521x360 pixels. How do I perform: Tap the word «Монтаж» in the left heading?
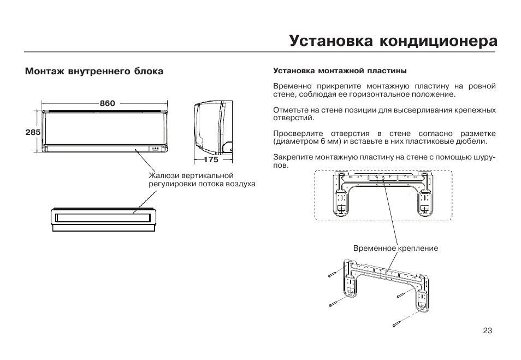pos(44,72)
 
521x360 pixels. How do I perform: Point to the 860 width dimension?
pos(107,103)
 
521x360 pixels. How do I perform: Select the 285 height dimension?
pos(33,132)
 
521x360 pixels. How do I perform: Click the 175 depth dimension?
pos(211,160)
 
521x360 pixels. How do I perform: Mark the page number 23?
pos(488,331)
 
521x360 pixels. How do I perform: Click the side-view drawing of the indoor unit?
pos(213,128)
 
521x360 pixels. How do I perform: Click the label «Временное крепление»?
pos(395,248)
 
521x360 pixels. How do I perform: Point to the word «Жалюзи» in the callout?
pos(162,175)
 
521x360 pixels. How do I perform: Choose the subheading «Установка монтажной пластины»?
pos(340,71)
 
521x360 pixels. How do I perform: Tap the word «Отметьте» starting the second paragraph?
pos(291,110)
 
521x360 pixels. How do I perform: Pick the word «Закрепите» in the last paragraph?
pos(292,157)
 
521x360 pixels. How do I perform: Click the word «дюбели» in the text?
pos(473,141)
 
